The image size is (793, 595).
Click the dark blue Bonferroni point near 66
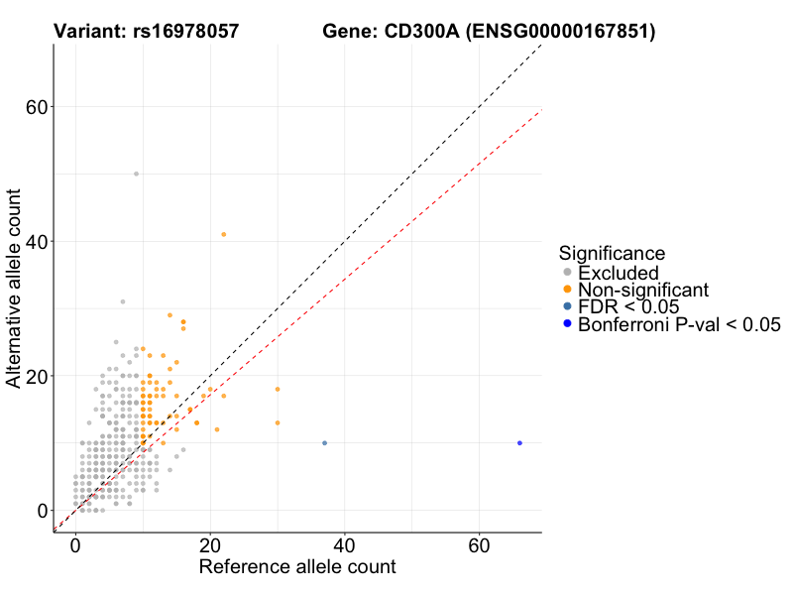click(x=519, y=443)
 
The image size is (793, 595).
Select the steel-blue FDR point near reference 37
click(x=324, y=443)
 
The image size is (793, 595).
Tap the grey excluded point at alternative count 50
click(x=136, y=174)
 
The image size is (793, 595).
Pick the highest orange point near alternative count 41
click(x=223, y=234)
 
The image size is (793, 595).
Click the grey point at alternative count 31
click(x=123, y=301)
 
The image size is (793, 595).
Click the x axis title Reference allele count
click(x=297, y=567)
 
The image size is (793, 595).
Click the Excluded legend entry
click(x=618, y=273)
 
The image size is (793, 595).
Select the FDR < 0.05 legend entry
click(x=628, y=306)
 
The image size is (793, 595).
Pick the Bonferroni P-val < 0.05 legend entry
click(x=679, y=324)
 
